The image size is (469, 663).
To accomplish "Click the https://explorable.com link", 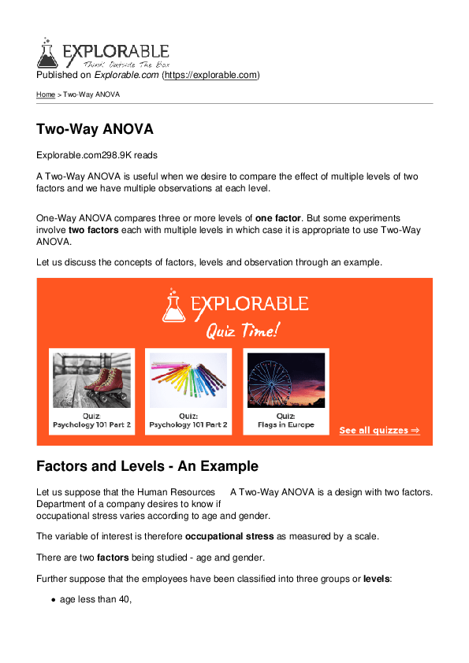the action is pos(210,76).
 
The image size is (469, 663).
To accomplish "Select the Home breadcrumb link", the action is pos(46,94).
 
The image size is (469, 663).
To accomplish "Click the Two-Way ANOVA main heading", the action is pos(95,129).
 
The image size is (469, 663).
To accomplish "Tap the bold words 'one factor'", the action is pos(279,218).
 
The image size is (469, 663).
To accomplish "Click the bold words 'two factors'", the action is pos(88,230).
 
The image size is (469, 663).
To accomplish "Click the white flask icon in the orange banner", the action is pos(174,306).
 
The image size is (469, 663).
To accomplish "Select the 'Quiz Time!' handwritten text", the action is pos(242,331).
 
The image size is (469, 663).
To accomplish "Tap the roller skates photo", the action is pos(91,380).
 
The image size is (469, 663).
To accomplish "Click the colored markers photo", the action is pos(188,380).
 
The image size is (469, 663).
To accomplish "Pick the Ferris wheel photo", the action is pos(285,380).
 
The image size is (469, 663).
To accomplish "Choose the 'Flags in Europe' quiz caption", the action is pos(285,425).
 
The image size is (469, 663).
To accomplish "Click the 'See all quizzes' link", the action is pos(379,431).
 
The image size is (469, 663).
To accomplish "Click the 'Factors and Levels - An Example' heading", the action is pos(147,466).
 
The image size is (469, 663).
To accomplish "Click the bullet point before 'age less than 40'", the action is pos(52,600).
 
